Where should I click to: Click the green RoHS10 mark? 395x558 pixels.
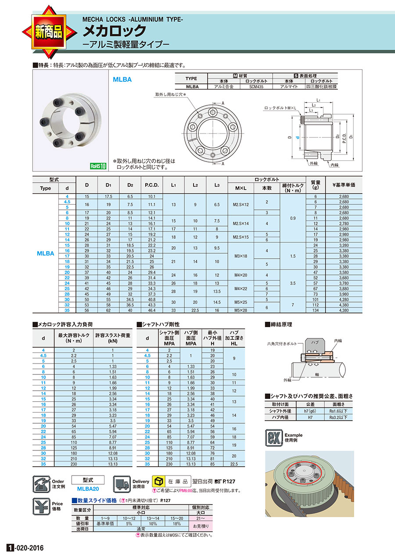98,166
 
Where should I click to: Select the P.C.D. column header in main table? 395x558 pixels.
151,184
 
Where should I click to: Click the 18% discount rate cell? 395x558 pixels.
176,523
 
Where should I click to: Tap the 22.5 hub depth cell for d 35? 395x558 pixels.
233,463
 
